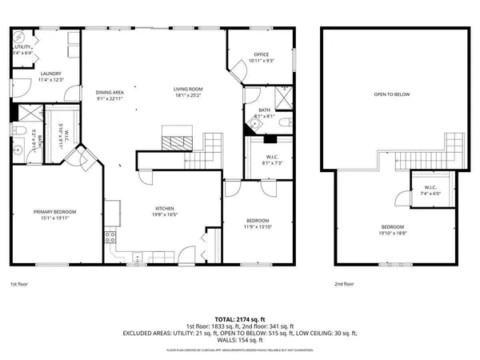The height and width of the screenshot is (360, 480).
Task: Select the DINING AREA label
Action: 110,92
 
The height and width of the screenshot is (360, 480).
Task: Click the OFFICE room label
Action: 261,55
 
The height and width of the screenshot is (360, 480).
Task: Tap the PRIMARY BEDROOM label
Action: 54,211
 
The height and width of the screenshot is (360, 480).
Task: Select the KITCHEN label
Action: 164,210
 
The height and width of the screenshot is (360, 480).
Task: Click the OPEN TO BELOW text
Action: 392,94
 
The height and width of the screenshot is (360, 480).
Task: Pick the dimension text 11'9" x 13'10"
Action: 258,226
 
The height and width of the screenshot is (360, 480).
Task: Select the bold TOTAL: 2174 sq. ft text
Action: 239,319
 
